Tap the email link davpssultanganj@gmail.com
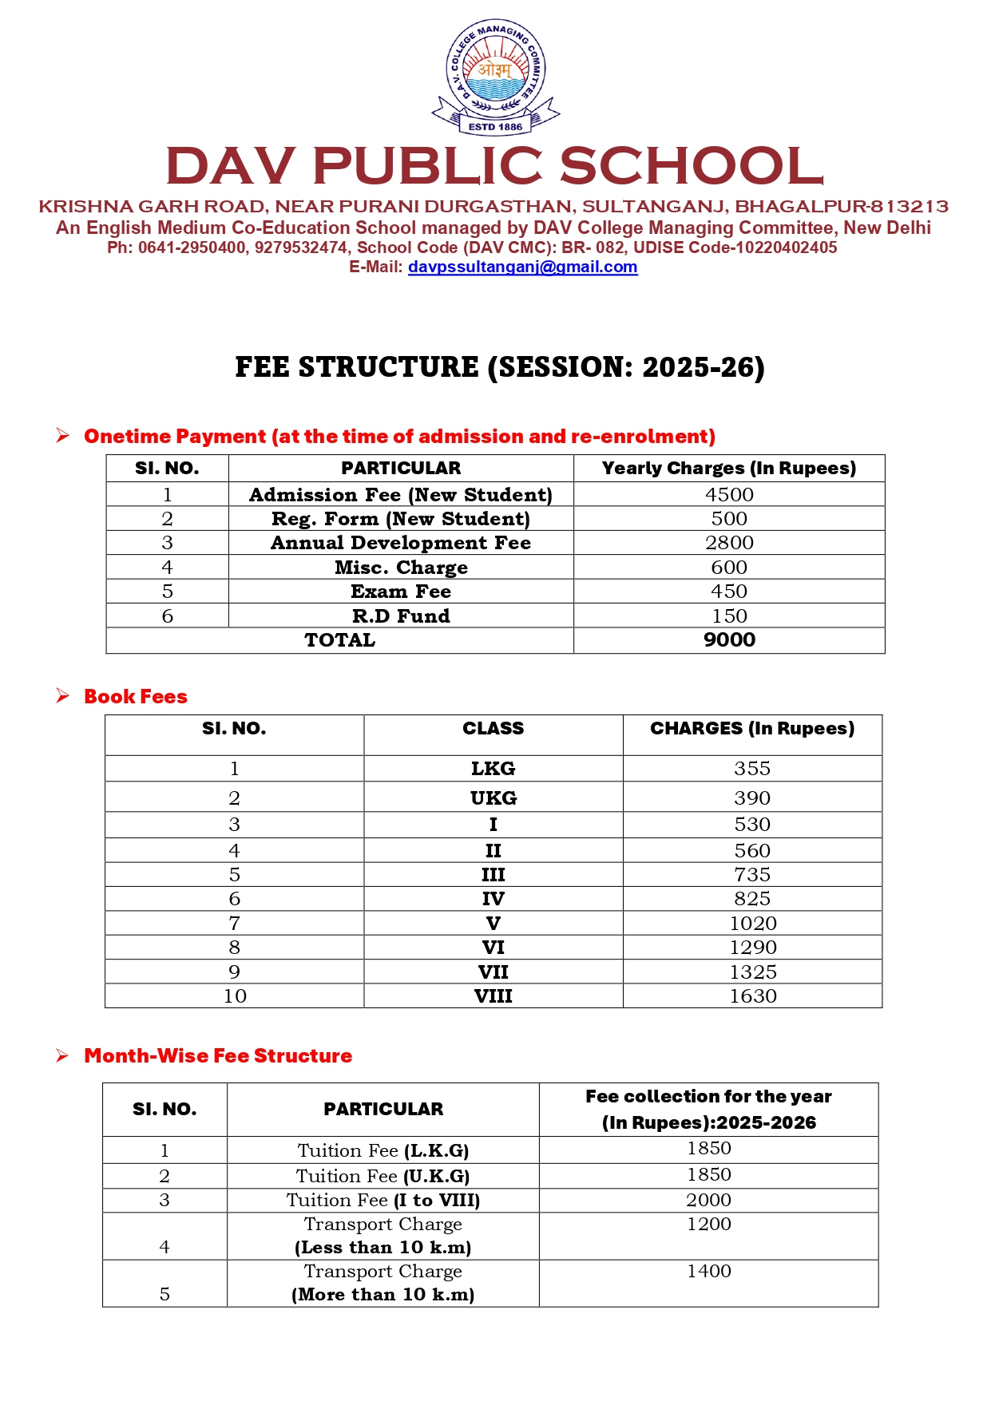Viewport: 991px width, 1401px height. click(522, 267)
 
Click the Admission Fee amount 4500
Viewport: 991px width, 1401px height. click(729, 495)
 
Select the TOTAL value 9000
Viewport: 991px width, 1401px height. click(729, 640)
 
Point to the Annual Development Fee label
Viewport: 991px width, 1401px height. click(401, 543)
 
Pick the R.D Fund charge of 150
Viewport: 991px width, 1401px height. click(729, 616)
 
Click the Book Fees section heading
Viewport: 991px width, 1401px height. click(136, 697)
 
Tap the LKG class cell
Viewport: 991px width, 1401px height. click(493, 769)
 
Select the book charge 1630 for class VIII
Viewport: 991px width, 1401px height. click(752, 996)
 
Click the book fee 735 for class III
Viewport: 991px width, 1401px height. click(752, 875)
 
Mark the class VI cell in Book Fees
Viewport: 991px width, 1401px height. click(493, 948)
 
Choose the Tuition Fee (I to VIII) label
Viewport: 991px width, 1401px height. click(383, 1201)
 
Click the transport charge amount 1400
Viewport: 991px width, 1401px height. click(709, 1272)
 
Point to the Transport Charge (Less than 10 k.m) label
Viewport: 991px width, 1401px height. click(383, 1236)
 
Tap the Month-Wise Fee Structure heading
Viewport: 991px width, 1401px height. click(218, 1056)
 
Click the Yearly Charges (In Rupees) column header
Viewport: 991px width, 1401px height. click(729, 469)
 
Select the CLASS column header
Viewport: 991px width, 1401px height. click(493, 729)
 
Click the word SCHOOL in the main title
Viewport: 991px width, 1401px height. click(692, 166)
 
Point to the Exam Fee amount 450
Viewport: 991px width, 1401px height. click(729, 592)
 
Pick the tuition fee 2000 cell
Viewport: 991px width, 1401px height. click(709, 1201)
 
